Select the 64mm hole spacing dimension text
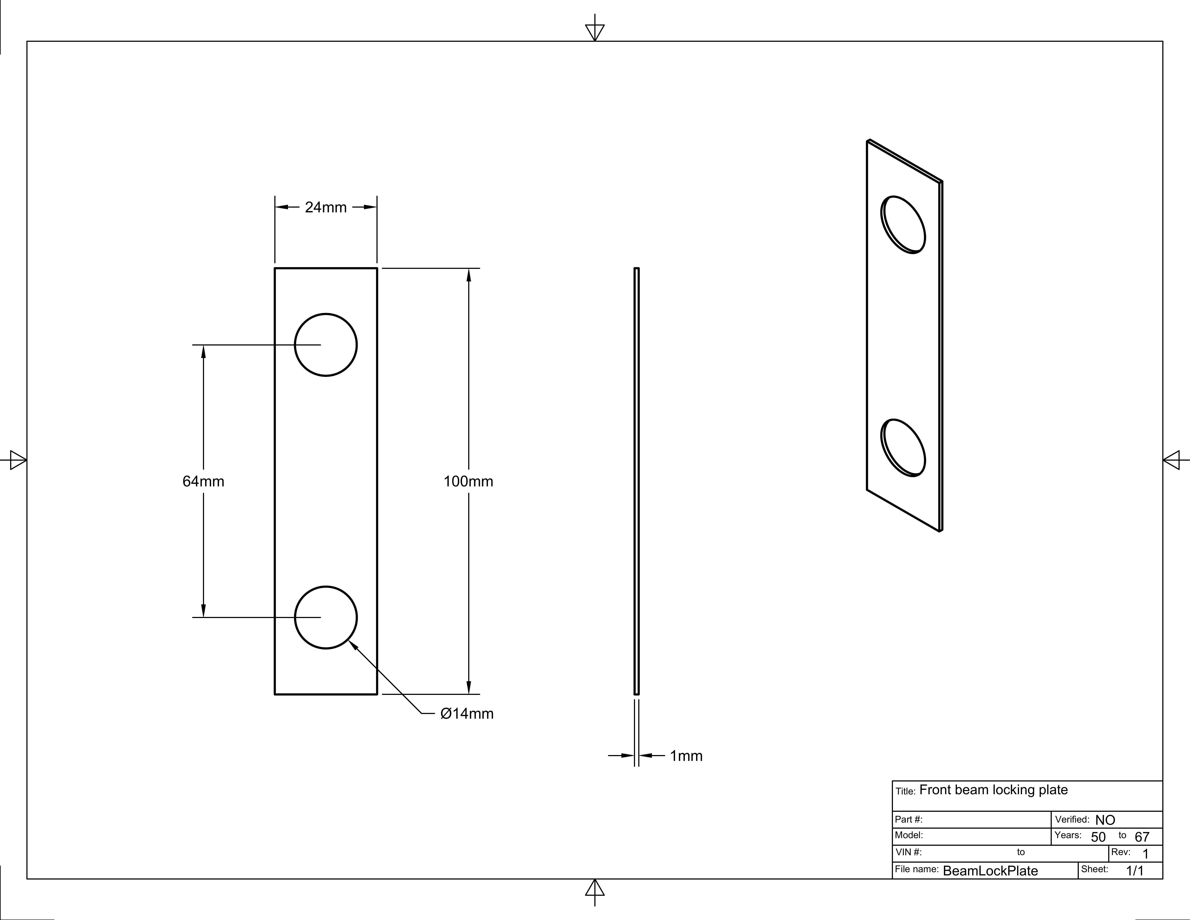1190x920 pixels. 203,481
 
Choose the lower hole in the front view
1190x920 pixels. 326,618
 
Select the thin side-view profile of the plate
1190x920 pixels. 636,481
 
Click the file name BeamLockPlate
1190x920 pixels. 990,871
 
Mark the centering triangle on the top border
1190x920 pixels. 594,32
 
